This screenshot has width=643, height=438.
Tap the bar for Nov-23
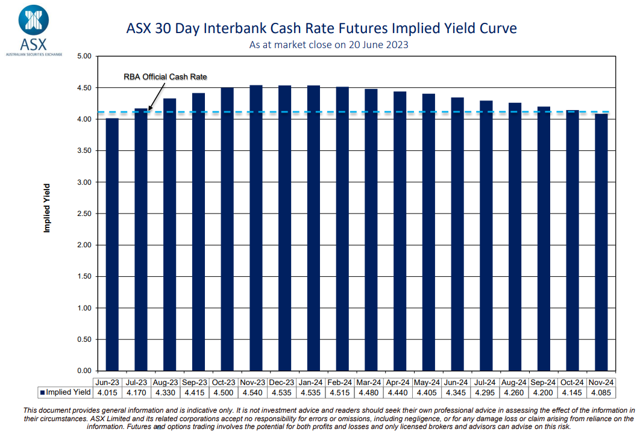[256, 228]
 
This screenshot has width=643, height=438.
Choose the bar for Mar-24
[371, 230]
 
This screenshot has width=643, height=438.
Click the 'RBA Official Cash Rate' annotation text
[165, 77]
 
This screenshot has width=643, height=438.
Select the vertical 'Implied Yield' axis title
[46, 208]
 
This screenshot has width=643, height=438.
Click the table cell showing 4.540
[252, 392]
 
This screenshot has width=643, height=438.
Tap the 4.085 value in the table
[601, 392]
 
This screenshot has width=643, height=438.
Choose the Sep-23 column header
[195, 382]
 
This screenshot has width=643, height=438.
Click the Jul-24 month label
[485, 382]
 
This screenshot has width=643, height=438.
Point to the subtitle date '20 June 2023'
[377, 45]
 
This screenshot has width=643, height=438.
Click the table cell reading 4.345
[456, 392]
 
